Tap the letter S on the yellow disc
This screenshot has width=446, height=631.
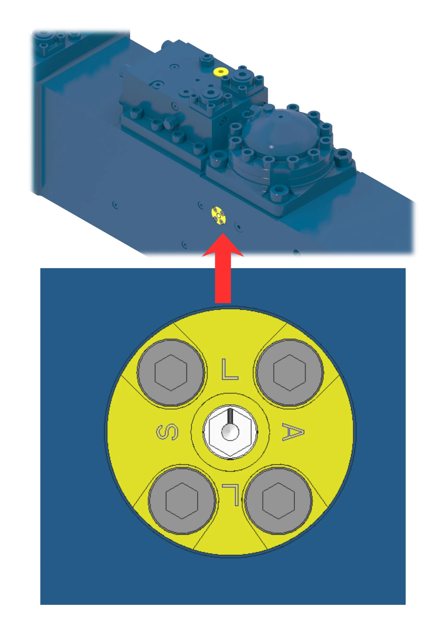pyautogui.click(x=167, y=432)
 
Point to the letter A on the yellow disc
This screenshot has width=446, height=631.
pyautogui.click(x=293, y=432)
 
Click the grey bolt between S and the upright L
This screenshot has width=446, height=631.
pyautogui.click(x=171, y=373)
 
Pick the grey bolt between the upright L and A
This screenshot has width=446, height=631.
pyautogui.click(x=290, y=373)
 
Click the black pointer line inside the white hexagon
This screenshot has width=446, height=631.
pyautogui.click(x=230, y=416)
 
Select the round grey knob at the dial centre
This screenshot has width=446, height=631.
pyautogui.click(x=230, y=432)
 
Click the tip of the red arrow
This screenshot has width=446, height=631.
pyautogui.click(x=223, y=233)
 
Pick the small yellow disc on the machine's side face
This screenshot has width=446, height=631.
pyautogui.click(x=219, y=216)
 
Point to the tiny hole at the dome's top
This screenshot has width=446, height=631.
pyautogui.click(x=280, y=117)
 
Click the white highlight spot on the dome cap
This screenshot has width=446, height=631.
pyautogui.click(x=272, y=147)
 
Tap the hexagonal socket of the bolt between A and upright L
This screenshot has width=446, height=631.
pyautogui.click(x=290, y=373)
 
